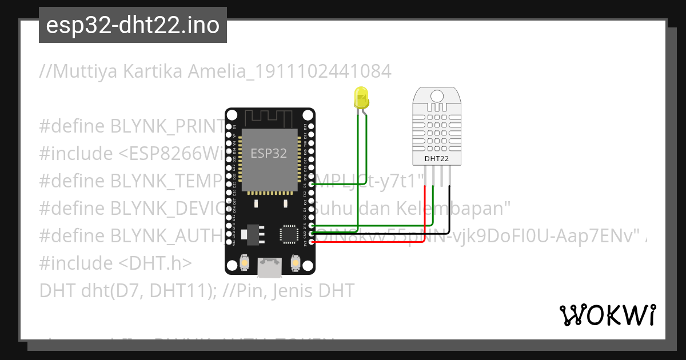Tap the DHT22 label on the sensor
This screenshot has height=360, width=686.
[x=436, y=158]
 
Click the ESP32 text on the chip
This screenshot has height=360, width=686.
[x=269, y=153]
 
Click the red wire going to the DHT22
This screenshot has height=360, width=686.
[x=424, y=217]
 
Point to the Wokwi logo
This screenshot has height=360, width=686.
[x=607, y=315]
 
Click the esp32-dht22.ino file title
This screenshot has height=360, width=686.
[x=133, y=26]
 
